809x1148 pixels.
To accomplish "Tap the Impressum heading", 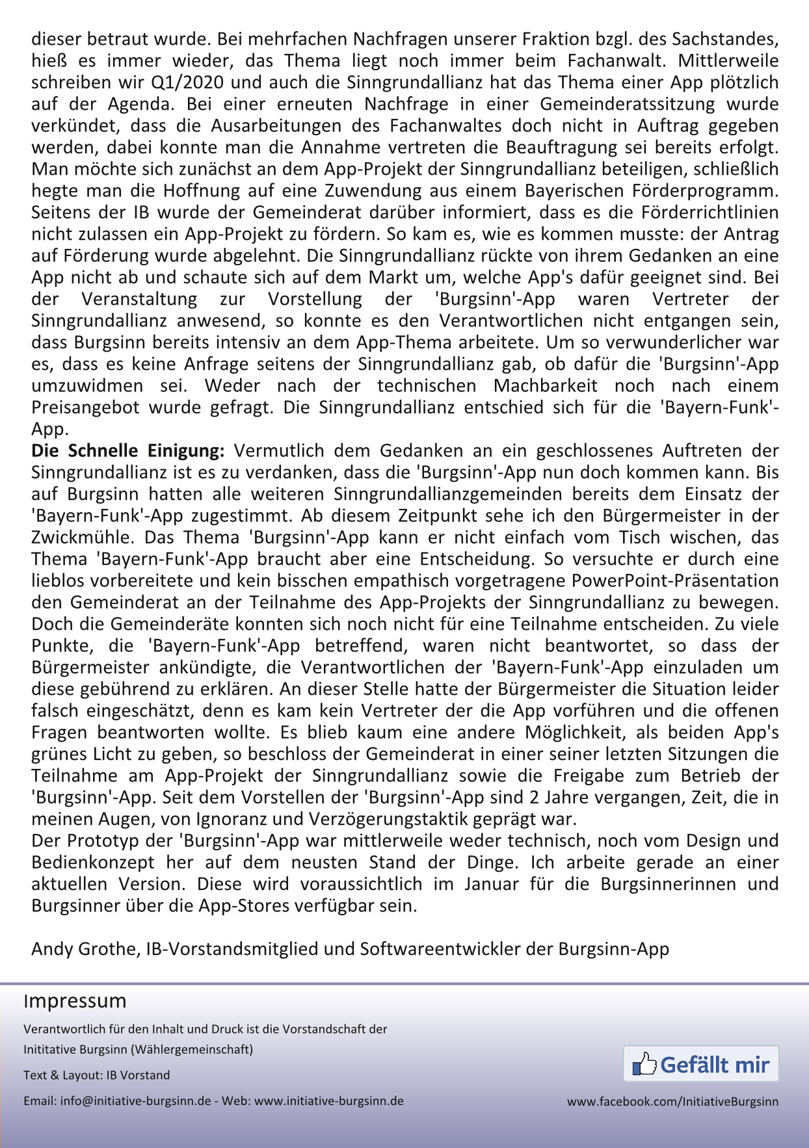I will tap(75, 1000).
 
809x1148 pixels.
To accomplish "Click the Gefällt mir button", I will tap(701, 1064).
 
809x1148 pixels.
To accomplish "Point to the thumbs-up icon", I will tap(644, 1064).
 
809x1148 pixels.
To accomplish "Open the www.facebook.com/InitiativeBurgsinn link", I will tap(672, 1101).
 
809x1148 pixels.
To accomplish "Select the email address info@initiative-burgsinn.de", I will tap(135, 1101).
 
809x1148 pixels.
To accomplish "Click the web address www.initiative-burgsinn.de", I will tap(328, 1101).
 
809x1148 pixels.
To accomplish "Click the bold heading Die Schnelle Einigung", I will tap(127, 450).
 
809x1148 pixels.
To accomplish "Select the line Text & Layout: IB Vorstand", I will tap(96, 1075).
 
